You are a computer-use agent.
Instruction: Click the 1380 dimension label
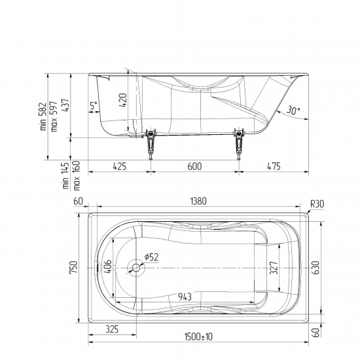[x=198, y=201]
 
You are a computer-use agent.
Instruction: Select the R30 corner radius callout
[x=317, y=204]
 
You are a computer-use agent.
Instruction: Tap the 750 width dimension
[x=74, y=267]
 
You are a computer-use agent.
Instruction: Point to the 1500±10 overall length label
[x=198, y=337]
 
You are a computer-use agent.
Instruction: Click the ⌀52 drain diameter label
[x=152, y=257]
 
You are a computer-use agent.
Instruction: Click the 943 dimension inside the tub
[x=185, y=297]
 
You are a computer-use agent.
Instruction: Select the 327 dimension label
[x=274, y=268]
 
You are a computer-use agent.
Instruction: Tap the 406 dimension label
[x=107, y=266]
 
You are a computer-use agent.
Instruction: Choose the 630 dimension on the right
[x=316, y=268]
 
